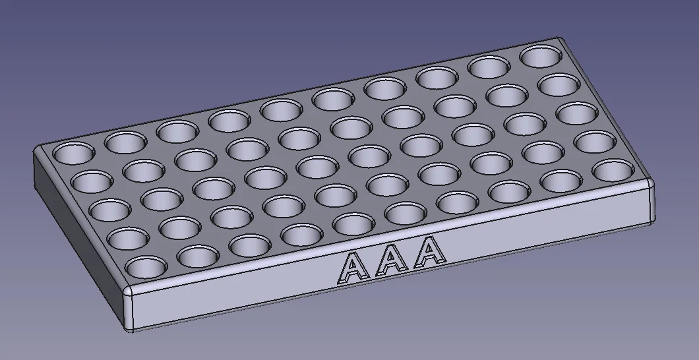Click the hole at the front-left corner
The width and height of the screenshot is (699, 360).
(146, 267)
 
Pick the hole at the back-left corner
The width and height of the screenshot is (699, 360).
(73, 154)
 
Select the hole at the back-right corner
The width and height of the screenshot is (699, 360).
(540, 56)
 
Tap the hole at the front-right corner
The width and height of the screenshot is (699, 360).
(613, 169)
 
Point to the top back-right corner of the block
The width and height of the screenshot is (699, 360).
(561, 40)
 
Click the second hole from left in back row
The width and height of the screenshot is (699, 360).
(125, 140)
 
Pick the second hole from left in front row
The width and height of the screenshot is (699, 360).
(198, 256)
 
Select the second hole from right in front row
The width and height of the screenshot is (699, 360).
(561, 180)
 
